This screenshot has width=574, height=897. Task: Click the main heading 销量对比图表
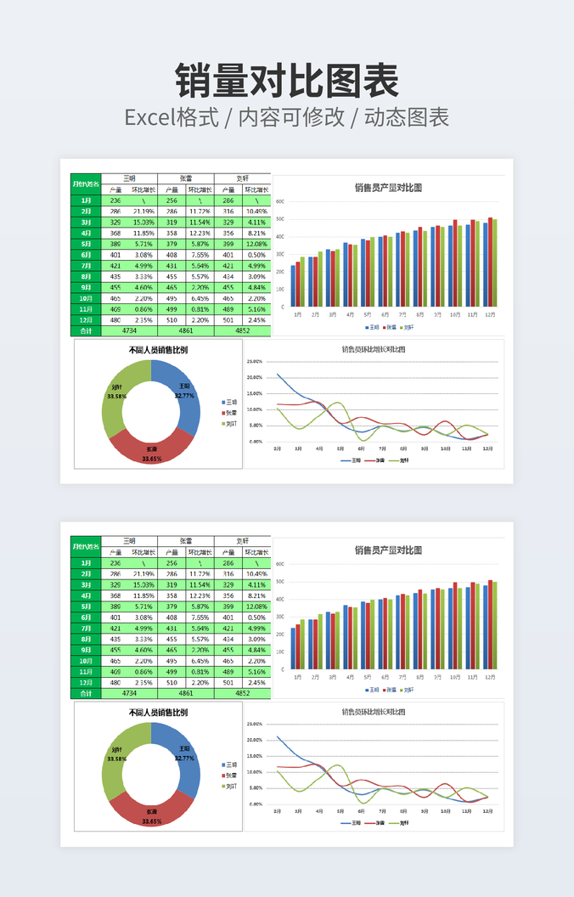(x=287, y=81)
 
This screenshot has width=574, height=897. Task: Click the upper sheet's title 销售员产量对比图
(x=388, y=188)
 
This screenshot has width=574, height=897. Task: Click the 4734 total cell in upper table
(x=129, y=330)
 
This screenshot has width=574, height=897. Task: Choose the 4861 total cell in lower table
(x=186, y=693)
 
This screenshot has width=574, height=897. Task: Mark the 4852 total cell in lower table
(x=243, y=693)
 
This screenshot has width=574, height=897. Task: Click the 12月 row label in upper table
(x=86, y=319)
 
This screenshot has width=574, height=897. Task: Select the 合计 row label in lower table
(x=86, y=693)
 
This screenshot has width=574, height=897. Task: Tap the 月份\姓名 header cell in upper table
(x=86, y=183)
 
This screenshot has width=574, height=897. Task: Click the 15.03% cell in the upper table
(x=143, y=222)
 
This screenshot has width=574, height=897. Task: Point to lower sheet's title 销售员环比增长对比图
(x=374, y=712)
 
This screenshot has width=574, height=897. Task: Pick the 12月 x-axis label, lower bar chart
(x=490, y=677)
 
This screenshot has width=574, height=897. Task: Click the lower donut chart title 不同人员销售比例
(x=158, y=713)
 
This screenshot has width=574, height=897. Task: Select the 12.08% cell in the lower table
(x=256, y=606)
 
